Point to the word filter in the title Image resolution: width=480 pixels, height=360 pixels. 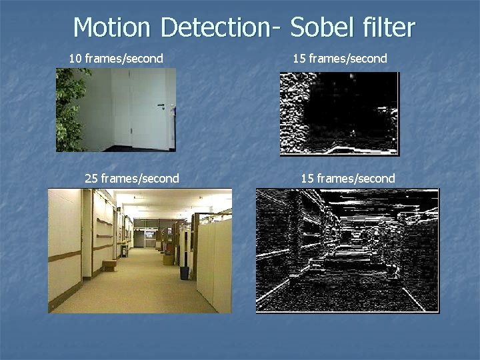click(389, 27)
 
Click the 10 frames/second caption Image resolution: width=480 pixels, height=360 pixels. click(116, 59)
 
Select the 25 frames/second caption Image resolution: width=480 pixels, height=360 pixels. click(132, 178)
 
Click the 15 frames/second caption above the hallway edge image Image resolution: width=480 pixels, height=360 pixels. click(347, 178)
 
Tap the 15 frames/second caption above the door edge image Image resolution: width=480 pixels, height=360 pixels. click(339, 59)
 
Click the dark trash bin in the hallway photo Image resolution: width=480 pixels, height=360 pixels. click(184, 273)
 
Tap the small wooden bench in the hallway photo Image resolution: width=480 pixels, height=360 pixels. click(109, 265)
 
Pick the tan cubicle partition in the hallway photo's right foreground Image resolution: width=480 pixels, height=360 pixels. click(213, 260)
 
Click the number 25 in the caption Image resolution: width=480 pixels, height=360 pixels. click(91, 178)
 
